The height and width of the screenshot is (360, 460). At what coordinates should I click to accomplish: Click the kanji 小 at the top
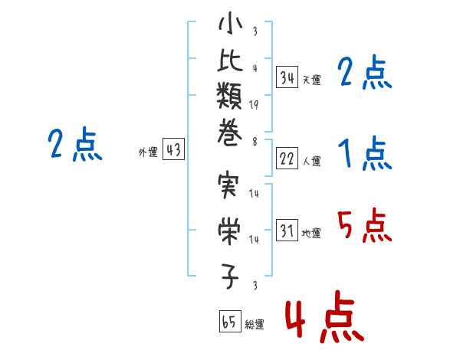point(230,24)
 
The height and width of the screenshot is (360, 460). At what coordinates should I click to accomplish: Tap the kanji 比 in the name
point(230,60)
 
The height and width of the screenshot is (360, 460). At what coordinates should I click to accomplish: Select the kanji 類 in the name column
point(229,96)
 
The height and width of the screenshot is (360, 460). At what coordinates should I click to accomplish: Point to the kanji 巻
point(229,132)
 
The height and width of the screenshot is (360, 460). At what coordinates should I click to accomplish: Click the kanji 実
point(228,185)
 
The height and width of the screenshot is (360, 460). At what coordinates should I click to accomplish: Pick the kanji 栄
point(229,231)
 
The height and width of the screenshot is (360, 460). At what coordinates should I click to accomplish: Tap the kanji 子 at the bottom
point(230,277)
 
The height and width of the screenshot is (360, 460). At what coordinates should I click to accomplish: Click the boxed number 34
point(287,77)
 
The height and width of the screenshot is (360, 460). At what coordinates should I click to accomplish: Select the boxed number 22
point(287,159)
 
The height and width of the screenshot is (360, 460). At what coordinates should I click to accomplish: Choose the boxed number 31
point(287,230)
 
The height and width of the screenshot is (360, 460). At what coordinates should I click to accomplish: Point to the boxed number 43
point(174,149)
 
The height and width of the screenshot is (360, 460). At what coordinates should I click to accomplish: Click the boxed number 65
point(230,321)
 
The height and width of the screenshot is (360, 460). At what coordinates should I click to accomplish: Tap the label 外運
point(148,152)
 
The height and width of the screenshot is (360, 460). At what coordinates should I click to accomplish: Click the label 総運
point(255,324)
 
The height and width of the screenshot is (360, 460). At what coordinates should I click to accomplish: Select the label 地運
point(311,233)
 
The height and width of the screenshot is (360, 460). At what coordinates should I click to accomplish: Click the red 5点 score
point(364,225)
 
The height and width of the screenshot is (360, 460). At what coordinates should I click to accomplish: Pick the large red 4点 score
point(325,316)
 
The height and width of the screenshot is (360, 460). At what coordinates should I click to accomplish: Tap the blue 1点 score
point(365,153)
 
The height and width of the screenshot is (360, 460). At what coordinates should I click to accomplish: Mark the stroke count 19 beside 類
point(254,105)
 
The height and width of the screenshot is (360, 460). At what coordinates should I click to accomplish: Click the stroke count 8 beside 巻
point(255,142)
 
